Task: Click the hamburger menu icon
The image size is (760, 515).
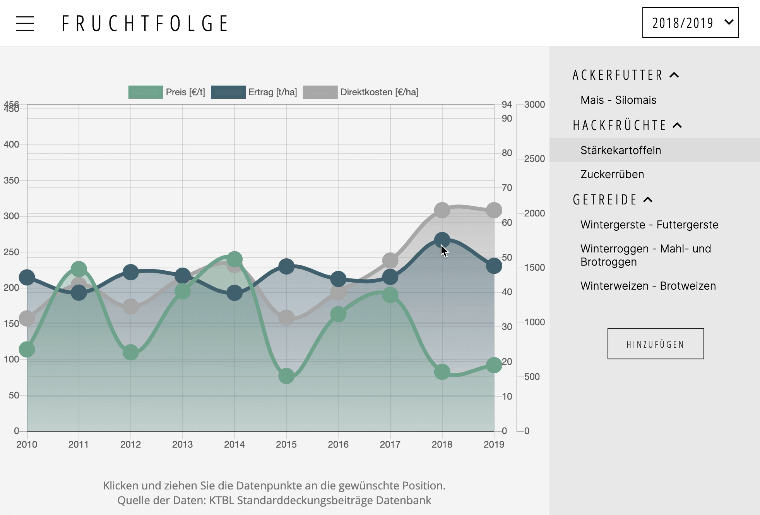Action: coord(25,24)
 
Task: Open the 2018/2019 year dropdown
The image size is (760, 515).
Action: coord(690,23)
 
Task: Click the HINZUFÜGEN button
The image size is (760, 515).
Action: coord(656,344)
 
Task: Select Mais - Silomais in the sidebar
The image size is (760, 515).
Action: coord(618,100)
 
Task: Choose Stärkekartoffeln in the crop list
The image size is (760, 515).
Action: coord(621,150)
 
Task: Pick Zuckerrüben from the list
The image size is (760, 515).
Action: coord(612,174)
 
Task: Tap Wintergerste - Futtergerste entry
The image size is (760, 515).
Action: coord(649,225)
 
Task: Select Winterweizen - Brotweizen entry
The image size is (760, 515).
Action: coord(648,286)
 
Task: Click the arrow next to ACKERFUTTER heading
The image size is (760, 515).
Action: coord(674,75)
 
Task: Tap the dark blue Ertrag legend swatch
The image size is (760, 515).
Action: coord(228,92)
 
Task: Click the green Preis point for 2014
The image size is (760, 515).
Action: coord(235,259)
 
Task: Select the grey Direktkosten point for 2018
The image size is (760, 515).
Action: coord(442,210)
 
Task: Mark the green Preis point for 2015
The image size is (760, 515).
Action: coord(286,376)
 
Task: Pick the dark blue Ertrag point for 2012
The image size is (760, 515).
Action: coord(131,272)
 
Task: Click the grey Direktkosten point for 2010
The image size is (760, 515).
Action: coord(27,319)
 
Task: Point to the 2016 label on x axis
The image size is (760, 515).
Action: coord(338,445)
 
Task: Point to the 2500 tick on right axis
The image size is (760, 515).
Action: coord(534,159)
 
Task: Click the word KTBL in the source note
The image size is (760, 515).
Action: coord(222,500)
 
